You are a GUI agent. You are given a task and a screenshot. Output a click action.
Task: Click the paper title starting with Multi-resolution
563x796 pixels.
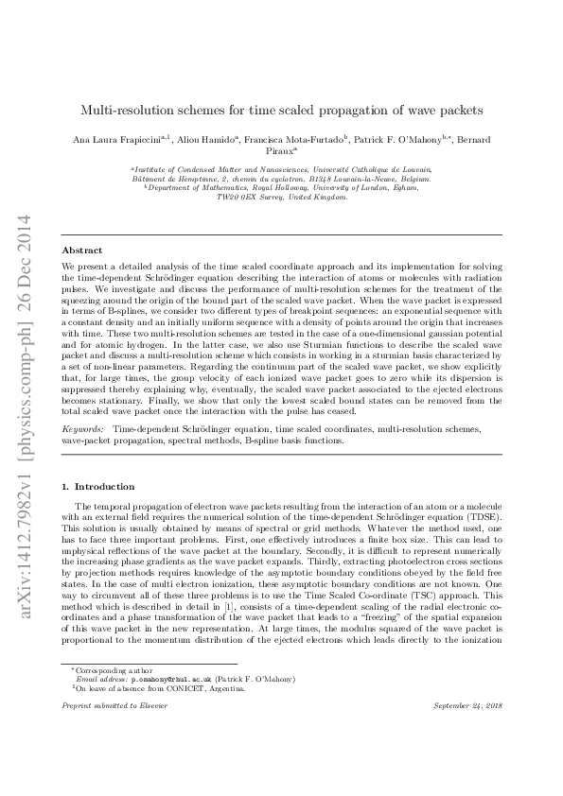(281, 110)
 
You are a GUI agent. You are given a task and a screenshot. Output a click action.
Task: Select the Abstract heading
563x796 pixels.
(81, 251)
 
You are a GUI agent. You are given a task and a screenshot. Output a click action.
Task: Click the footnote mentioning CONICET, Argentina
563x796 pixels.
(132, 716)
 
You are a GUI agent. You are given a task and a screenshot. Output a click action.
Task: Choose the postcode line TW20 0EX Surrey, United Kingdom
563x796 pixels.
(281, 198)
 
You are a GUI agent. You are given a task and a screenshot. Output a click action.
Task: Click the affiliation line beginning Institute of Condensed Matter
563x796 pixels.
(281, 168)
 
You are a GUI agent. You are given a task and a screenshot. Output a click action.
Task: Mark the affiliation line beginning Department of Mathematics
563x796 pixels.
(281, 188)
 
